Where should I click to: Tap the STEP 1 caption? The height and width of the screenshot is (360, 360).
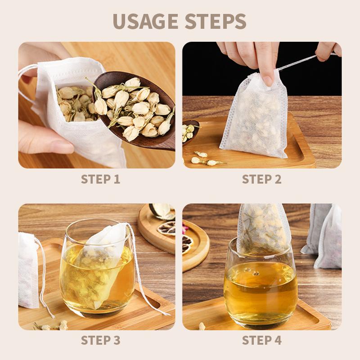100,179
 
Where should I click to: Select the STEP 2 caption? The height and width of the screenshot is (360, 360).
261,179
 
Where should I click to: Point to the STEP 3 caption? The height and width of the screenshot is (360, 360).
100,341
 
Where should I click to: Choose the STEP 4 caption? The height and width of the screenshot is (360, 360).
261,341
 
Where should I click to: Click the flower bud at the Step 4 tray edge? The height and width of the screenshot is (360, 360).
202,325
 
